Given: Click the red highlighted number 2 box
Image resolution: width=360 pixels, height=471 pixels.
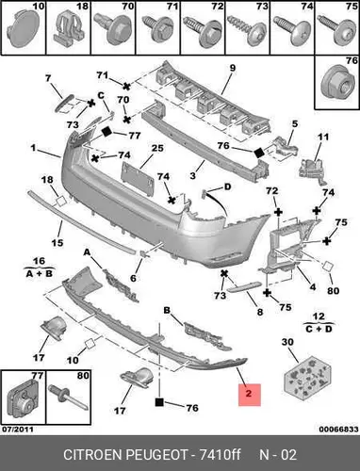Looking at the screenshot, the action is [250, 395].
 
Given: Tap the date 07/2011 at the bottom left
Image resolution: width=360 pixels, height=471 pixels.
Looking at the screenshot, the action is [18, 430].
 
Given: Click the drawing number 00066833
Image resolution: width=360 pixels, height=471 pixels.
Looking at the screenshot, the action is [338, 430].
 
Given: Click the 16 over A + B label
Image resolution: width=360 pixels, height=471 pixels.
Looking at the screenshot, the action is [40, 268].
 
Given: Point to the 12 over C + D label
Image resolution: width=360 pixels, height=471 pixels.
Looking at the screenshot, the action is [319, 323].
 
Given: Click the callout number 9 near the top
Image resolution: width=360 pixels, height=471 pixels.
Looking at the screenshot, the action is [233, 68].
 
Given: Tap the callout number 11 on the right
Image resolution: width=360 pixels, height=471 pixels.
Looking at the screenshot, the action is [323, 137].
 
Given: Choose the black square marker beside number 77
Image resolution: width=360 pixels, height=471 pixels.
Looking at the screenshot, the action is [106, 132].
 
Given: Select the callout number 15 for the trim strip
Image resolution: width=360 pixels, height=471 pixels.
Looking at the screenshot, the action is [57, 243].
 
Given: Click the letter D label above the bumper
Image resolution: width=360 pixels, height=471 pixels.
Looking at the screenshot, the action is [227, 187].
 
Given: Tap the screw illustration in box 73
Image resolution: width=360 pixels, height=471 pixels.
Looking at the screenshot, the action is [247, 29].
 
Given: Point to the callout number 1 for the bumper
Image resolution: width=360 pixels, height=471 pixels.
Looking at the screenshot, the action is [33, 147].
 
